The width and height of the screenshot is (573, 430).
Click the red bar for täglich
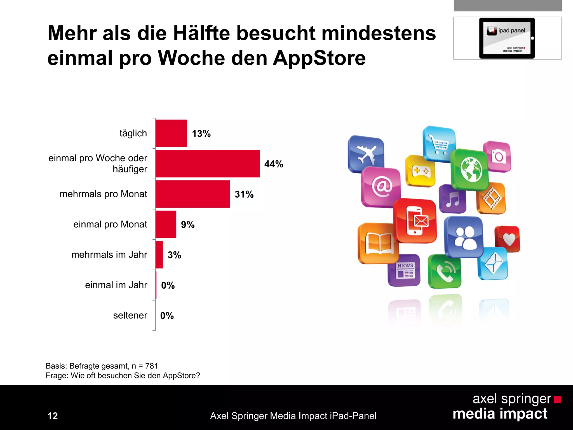coord(171,133)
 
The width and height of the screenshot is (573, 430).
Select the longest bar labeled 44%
coord(207,164)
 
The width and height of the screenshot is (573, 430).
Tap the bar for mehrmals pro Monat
coord(192,194)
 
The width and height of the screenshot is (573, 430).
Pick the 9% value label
coord(188,225)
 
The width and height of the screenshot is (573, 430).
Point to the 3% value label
coord(174,255)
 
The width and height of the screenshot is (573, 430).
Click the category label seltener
coord(130,316)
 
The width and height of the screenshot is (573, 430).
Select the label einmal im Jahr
coord(116,285)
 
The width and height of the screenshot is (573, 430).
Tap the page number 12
coord(53,416)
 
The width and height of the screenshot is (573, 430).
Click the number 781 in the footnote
coord(152,366)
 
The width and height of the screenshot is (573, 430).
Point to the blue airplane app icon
coord(366,154)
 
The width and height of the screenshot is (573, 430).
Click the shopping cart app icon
coord(439,144)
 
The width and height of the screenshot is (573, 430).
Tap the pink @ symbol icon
coord(381,187)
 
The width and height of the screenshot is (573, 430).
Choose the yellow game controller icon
coord(420,171)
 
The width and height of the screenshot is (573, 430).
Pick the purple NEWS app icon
coord(404,270)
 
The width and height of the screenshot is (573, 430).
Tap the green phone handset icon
coord(445,271)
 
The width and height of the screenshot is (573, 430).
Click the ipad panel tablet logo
coord(507,38)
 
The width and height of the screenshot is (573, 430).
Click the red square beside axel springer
coord(557,399)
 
